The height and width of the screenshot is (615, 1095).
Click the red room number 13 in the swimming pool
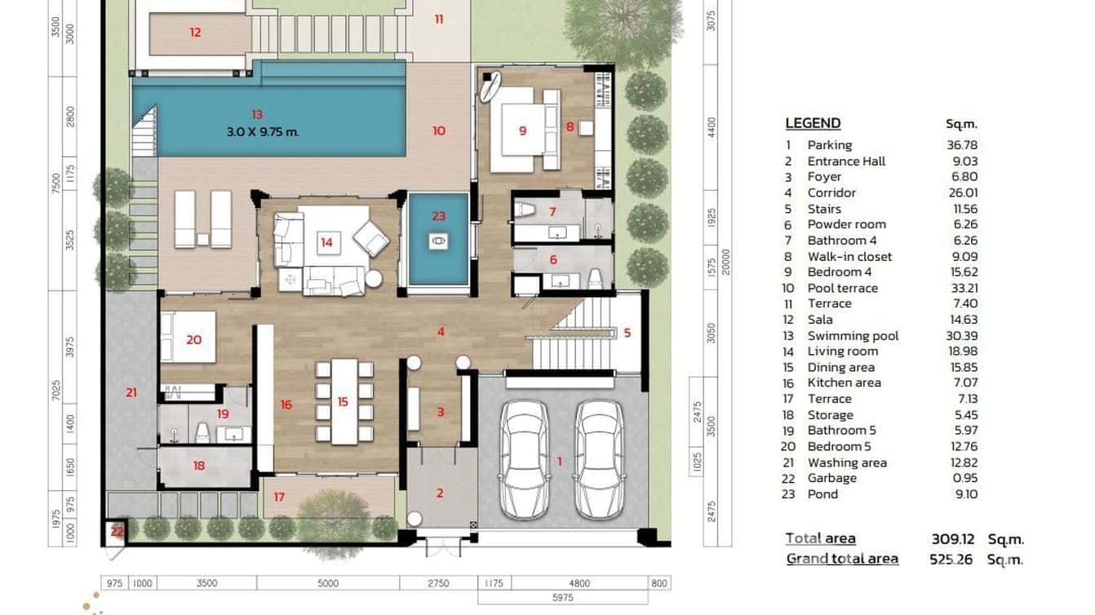coord(258,115)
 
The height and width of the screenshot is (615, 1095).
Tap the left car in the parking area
coord(523,459)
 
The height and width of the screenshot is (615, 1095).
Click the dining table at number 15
coord(344,401)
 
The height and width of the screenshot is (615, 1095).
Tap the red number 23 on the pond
coord(439,216)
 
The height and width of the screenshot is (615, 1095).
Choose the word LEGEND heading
coord(813,123)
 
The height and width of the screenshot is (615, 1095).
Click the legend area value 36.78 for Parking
coord(961,144)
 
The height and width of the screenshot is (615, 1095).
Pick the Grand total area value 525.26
coord(951,560)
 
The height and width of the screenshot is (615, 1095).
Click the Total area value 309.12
coord(954,538)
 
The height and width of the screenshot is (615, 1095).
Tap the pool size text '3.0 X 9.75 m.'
coord(263,131)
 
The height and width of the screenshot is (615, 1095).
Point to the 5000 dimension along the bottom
coord(328,583)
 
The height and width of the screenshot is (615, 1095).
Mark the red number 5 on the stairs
coord(627,333)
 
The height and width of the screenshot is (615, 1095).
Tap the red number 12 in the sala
coord(195,33)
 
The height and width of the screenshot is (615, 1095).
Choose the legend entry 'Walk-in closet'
coord(849,256)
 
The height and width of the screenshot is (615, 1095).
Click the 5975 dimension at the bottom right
coord(563,597)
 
